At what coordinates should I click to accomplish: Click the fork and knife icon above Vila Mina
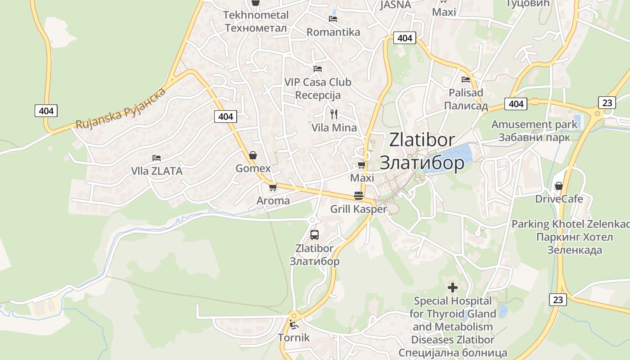tap(333, 114)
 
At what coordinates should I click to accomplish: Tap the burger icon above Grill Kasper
tap(359, 196)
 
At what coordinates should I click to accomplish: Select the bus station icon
tap(315, 234)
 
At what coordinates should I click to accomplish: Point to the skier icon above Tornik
tap(294, 324)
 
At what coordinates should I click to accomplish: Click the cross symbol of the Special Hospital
tap(453, 287)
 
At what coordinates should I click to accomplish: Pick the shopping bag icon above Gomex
tap(253, 155)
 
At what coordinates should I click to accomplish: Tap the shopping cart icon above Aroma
tap(273, 187)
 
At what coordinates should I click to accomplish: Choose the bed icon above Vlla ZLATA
tap(157, 158)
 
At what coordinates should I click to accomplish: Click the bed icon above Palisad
tap(466, 80)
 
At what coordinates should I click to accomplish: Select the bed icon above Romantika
tap(333, 19)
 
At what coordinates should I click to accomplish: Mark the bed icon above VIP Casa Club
tap(318, 69)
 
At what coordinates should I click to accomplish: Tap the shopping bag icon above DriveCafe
tap(559, 186)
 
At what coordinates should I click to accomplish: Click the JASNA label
tap(396, 4)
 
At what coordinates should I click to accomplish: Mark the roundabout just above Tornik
tap(294, 315)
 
